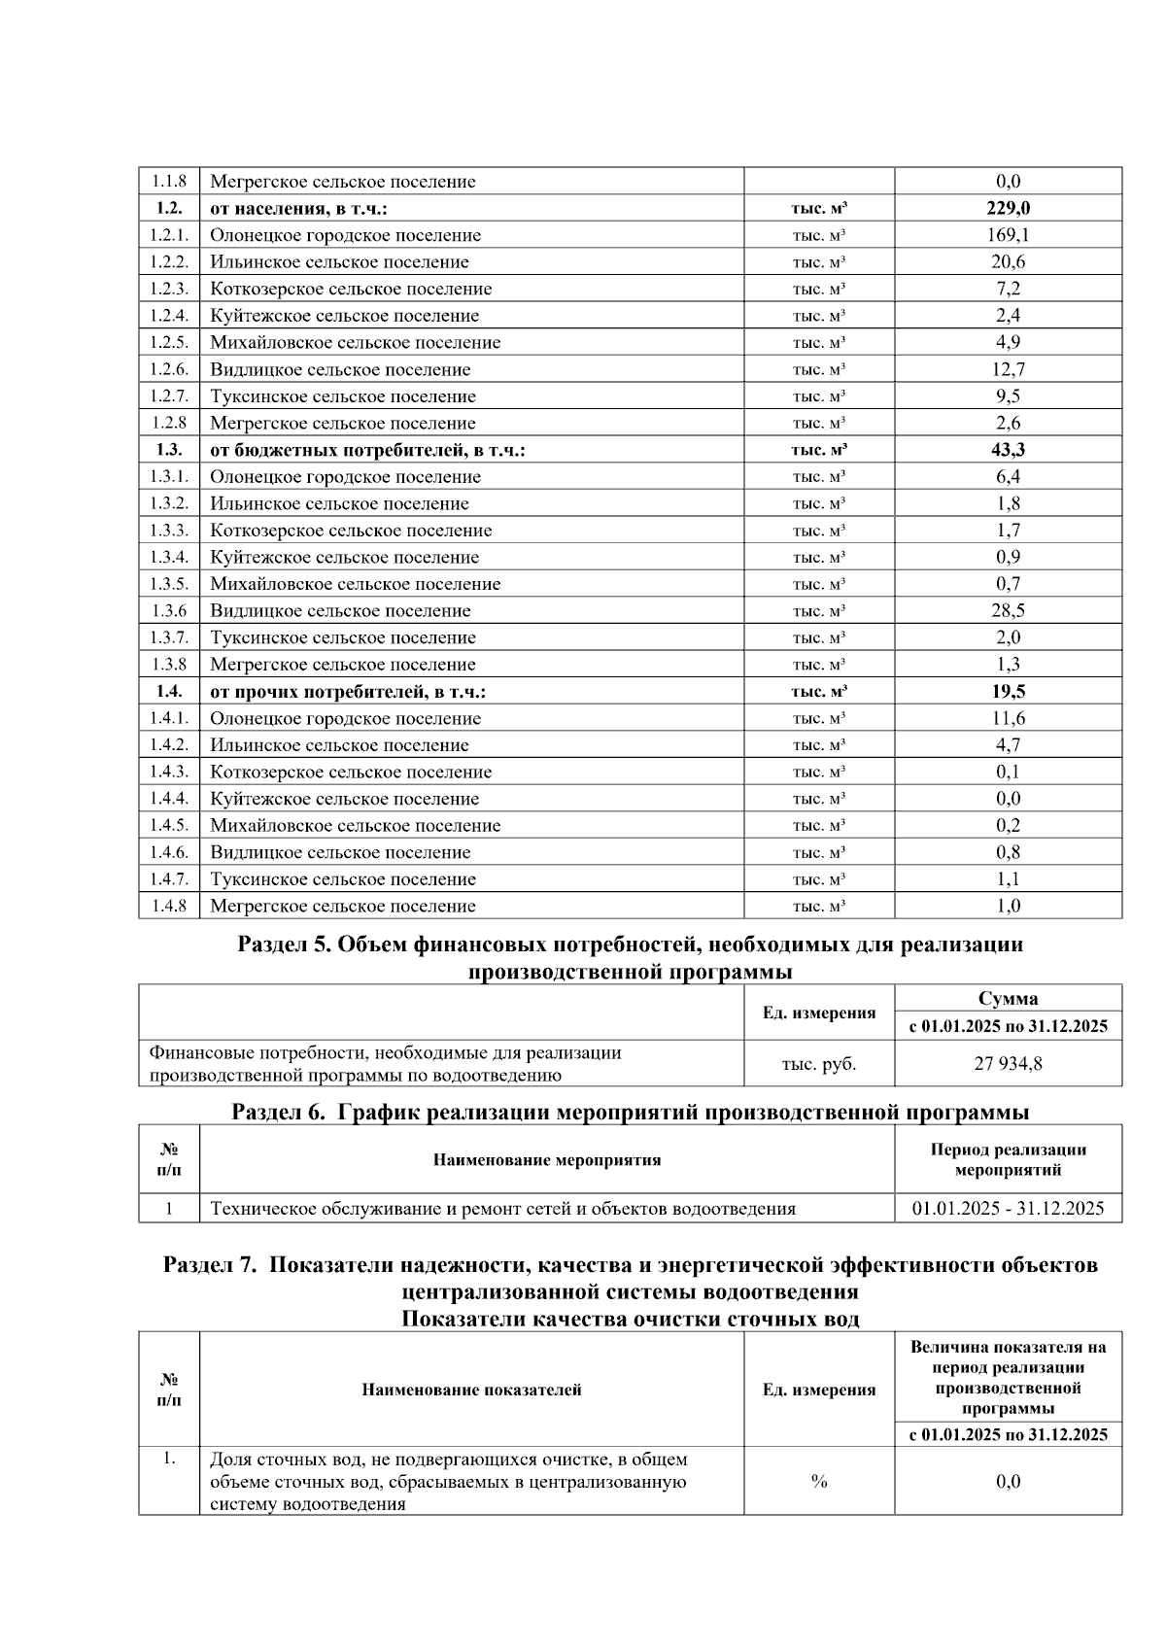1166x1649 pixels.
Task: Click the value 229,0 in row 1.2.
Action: point(1008,208)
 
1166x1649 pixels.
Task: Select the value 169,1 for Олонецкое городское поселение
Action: point(1008,235)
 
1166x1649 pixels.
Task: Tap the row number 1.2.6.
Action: point(169,369)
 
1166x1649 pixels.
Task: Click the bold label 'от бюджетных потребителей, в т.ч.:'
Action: point(367,450)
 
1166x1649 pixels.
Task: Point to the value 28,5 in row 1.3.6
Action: point(1008,611)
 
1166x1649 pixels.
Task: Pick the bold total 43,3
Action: point(1008,450)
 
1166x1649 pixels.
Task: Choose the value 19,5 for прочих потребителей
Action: point(1008,692)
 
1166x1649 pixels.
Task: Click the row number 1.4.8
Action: point(169,907)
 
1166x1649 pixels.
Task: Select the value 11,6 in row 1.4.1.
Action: point(1008,719)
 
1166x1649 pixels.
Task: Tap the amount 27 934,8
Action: point(1008,1064)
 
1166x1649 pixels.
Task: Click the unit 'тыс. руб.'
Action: point(818,1064)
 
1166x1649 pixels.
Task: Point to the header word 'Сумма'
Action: point(1008,999)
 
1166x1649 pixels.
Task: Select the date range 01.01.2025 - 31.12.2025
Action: point(1008,1209)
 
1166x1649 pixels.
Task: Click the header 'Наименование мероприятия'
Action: point(546,1160)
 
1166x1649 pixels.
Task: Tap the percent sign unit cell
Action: point(818,1482)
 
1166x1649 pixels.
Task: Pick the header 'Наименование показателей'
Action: point(471,1390)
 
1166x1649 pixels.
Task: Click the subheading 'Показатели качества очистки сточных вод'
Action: point(630,1320)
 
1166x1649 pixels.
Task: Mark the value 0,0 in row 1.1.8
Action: point(1008,182)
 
